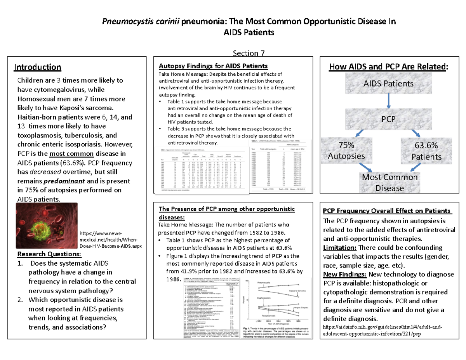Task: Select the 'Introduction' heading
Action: pos(38,67)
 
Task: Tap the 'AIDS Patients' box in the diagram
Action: pos(388,84)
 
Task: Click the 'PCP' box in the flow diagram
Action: pos(388,119)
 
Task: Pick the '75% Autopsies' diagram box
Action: pos(346,151)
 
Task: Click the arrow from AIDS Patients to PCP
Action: pos(388,101)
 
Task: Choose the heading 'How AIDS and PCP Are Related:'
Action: pos(388,67)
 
